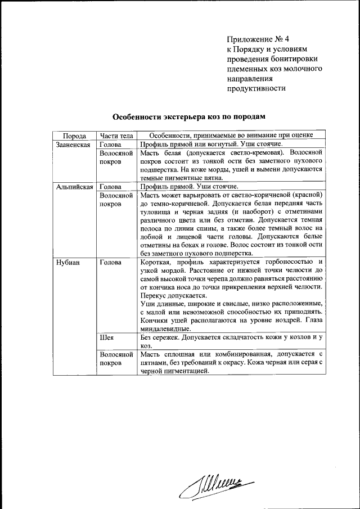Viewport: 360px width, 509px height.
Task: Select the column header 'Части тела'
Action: pos(116,136)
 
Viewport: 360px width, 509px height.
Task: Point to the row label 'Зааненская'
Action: pos(73,144)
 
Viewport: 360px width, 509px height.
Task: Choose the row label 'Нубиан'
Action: pos(68,262)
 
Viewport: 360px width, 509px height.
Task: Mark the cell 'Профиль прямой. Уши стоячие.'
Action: pos(189,186)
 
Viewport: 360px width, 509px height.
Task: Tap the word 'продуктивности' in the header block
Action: pos(256,88)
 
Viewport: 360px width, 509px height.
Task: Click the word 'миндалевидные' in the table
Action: pos(165,329)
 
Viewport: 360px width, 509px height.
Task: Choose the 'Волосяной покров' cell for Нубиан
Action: pos(115,359)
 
